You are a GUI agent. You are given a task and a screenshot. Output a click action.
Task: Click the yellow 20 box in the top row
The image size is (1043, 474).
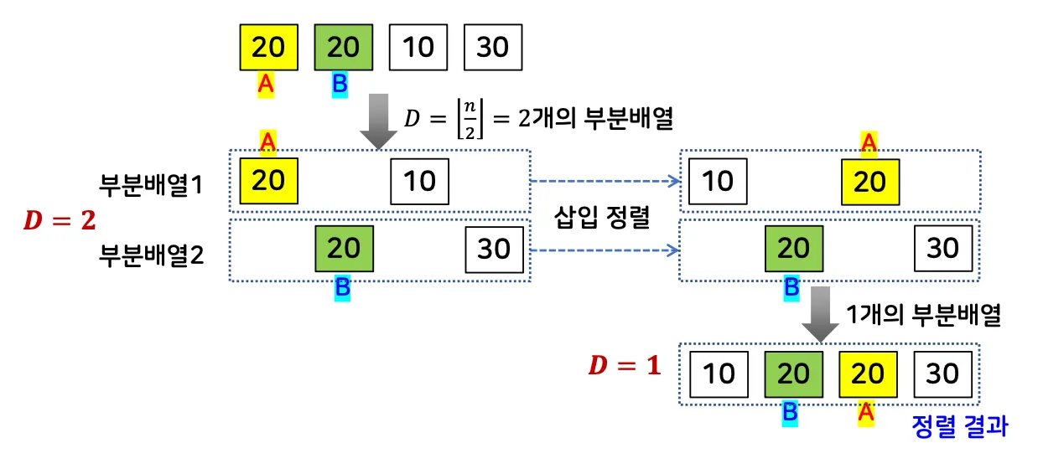point(268,47)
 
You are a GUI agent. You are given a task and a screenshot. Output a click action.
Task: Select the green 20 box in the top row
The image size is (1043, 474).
point(343,47)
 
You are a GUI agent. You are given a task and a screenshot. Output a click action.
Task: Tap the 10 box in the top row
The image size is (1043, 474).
point(418,47)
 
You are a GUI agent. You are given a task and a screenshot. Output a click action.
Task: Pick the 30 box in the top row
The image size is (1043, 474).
point(493,47)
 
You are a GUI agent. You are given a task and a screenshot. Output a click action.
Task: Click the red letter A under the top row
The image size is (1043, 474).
point(266,84)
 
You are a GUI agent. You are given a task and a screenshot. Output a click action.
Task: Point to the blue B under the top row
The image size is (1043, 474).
point(340,84)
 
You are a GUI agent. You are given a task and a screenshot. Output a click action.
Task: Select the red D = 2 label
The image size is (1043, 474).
point(59,221)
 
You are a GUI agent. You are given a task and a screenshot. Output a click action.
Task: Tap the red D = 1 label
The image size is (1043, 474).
point(624,365)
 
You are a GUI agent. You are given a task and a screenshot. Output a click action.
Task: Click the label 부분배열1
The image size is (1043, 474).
point(152,183)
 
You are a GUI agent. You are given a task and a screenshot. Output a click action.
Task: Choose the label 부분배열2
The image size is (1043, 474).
point(152,252)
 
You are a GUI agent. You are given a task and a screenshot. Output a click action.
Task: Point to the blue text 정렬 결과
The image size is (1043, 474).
point(959,426)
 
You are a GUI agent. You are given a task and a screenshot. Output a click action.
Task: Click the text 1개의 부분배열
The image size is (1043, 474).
point(924,315)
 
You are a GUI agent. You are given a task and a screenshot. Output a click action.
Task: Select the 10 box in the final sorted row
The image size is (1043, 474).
point(719,373)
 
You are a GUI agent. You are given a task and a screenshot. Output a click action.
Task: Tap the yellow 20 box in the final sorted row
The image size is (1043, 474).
point(868,373)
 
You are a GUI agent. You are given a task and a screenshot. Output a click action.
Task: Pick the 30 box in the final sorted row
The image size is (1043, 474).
point(942,373)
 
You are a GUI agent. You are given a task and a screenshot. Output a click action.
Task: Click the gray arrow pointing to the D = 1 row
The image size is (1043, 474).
point(820,314)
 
